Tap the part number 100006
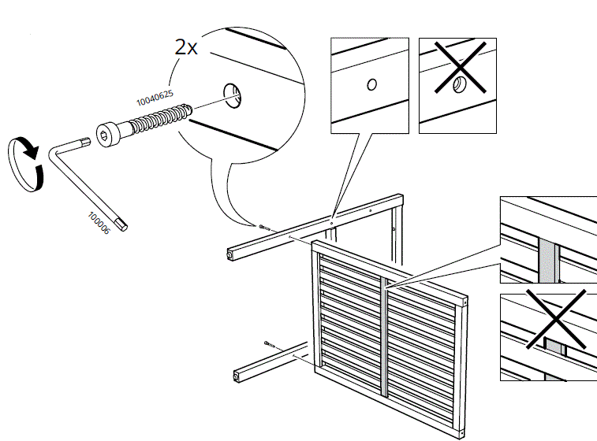(x=99, y=221)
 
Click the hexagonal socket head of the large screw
(x=107, y=135)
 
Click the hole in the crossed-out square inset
(x=459, y=84)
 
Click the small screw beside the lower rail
(x=271, y=343)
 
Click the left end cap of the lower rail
(x=236, y=376)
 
